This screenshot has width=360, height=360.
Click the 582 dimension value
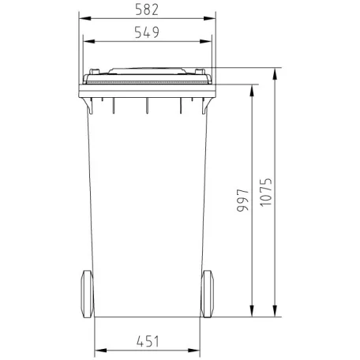pyautogui.click(x=148, y=9)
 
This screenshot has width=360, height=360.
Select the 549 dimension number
pyautogui.click(x=148, y=32)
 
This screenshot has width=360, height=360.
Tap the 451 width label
pyautogui.click(x=148, y=341)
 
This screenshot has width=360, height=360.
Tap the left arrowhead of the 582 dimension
pyautogui.click(x=84, y=18)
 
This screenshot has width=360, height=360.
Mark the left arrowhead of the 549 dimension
pyautogui.click(x=86, y=41)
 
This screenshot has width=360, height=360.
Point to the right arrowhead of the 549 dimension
pyautogui.click(x=209, y=41)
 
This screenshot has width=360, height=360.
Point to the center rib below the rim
pyautogui.click(x=148, y=105)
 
